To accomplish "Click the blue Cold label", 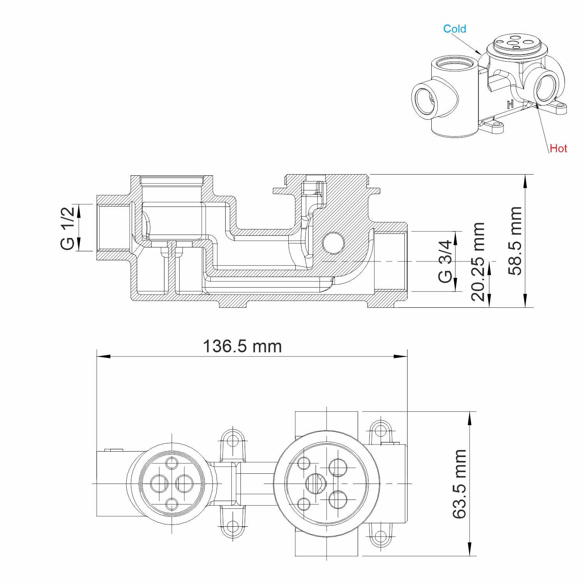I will point(454,29).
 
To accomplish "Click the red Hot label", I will point(558,148).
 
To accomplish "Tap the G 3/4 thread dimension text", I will point(445,261).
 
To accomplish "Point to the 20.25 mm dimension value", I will point(478,261).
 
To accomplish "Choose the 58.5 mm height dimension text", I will point(515,241).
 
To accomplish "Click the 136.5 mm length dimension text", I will point(242,346).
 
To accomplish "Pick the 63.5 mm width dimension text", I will point(460,484).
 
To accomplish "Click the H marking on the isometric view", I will point(510,104).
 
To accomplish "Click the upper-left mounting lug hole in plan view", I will point(233,441).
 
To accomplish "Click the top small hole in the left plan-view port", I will point(172,463).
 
